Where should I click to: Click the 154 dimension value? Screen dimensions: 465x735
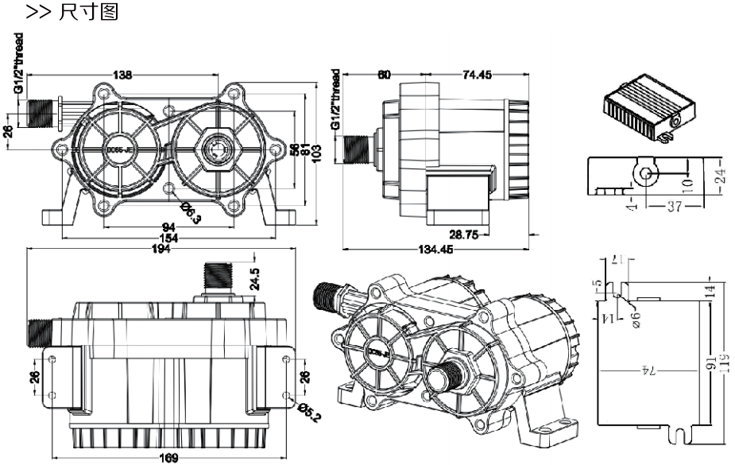point(168,238)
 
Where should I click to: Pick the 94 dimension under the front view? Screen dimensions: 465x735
point(168,227)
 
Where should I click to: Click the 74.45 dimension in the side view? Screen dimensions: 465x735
point(476,75)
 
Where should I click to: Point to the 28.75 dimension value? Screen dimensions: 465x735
point(464,234)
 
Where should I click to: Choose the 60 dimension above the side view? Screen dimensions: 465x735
point(384,75)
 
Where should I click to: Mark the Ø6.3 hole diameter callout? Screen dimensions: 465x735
point(189,211)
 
